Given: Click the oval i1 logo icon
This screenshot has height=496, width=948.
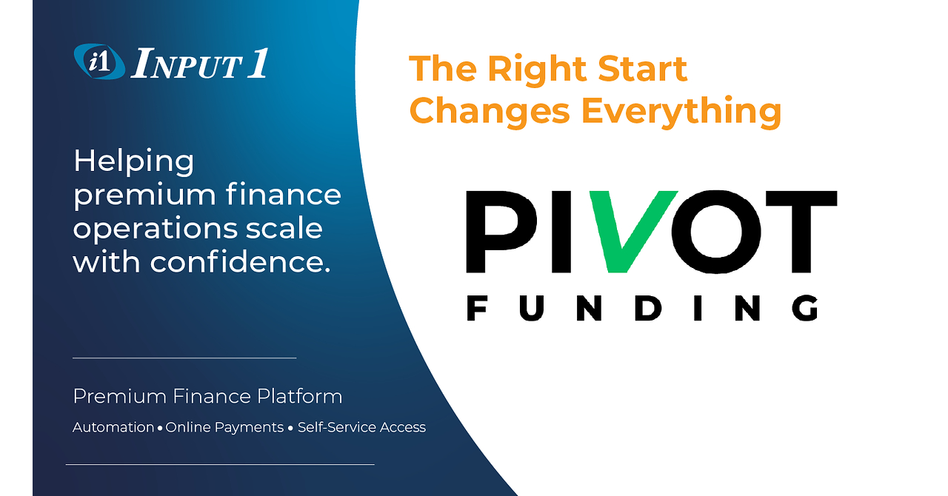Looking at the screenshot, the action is pyautogui.click(x=99, y=61).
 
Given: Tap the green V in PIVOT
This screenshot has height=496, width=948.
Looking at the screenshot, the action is pyautogui.click(x=632, y=232).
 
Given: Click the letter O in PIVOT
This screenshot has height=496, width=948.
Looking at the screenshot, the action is pyautogui.click(x=716, y=232).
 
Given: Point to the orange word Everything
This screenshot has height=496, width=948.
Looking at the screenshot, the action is pyautogui.click(x=681, y=112).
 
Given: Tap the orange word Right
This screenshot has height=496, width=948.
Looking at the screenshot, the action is pyautogui.click(x=538, y=69).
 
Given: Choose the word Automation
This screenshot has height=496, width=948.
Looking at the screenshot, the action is pyautogui.click(x=113, y=427).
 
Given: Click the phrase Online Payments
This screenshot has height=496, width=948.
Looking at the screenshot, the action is pyautogui.click(x=224, y=427).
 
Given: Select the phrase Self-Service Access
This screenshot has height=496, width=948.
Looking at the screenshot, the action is pyautogui.click(x=361, y=427).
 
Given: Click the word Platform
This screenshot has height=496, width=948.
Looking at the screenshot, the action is pyautogui.click(x=300, y=396).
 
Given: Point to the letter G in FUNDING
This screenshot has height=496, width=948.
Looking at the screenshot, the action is pyautogui.click(x=804, y=308).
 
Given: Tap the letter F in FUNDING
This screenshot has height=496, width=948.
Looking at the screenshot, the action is pyautogui.click(x=476, y=308).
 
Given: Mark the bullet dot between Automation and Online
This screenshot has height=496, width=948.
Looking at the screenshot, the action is pyautogui.click(x=160, y=429).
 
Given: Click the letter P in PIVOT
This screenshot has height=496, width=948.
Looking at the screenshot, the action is pyautogui.click(x=501, y=232).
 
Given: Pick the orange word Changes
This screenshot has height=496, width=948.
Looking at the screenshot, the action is pyautogui.click(x=490, y=112).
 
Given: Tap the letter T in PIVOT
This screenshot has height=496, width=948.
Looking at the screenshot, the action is pyautogui.click(x=801, y=232).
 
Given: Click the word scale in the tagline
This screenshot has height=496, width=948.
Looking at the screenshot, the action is pyautogui.click(x=284, y=228).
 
